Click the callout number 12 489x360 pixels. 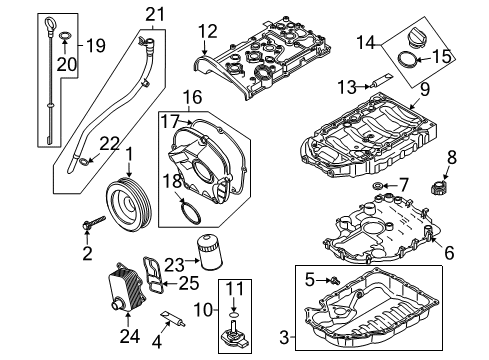(208, 31)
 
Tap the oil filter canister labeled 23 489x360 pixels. (210, 252)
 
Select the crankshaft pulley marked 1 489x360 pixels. (129, 205)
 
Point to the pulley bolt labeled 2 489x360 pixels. (94, 222)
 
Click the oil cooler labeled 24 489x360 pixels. (127, 288)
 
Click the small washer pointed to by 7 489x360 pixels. (378, 185)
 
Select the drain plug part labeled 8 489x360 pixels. (440, 188)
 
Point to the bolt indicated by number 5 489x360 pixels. (335, 281)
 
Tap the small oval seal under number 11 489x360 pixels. (234, 314)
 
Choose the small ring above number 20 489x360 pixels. (65, 35)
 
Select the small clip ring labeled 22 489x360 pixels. (84, 162)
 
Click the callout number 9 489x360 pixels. (425, 90)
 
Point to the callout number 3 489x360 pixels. (284, 337)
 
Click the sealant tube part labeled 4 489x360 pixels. (173, 319)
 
